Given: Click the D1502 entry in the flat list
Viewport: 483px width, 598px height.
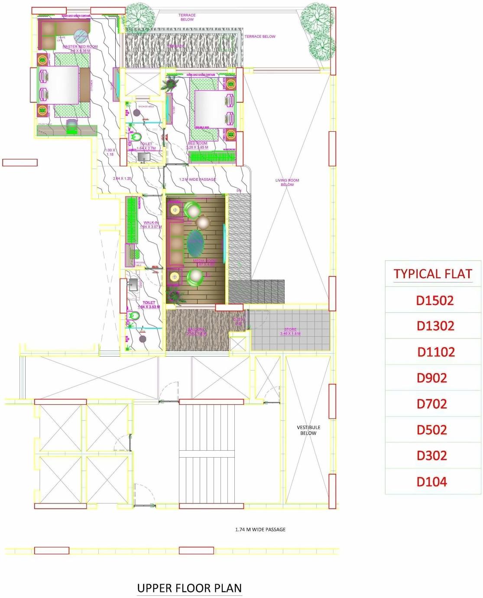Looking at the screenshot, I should coord(434,300).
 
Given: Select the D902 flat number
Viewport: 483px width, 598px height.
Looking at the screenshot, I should coord(432,378).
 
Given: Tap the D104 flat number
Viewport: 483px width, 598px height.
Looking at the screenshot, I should coord(432,481).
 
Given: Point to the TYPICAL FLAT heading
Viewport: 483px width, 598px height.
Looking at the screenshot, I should coord(433,274).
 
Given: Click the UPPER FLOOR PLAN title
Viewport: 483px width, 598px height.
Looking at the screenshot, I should coord(189,588).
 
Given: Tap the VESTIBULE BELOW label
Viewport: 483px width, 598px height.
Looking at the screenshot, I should coord(308,430).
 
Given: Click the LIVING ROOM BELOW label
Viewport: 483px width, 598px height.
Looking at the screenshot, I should coord(287,182).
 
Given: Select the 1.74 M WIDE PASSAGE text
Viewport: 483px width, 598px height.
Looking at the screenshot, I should coord(260,530).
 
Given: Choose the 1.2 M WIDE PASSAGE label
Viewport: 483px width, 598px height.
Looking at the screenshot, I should coord(198,179).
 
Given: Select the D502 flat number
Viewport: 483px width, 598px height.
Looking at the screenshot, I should coord(432,430).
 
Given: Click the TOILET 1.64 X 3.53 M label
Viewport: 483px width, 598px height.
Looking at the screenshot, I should coord(149,305).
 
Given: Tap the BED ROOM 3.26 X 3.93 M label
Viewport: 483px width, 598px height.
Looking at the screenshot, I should coord(198,145).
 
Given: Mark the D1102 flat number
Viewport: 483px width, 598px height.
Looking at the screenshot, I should coord(436,352).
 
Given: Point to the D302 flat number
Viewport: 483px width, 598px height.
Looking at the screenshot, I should coord(432,455).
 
